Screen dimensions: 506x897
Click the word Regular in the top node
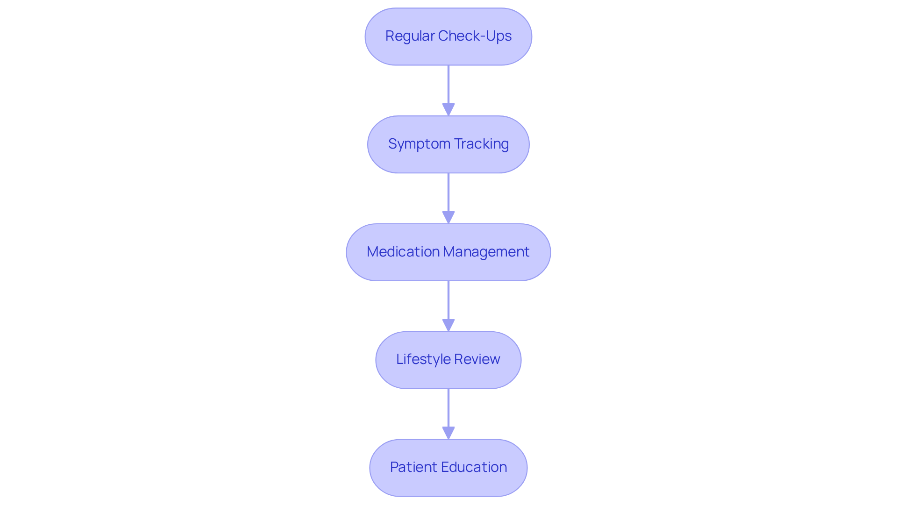coord(410,36)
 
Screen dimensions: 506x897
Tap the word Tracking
coord(481,144)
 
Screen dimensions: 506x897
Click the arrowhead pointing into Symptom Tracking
coord(448,109)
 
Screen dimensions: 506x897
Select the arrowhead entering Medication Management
coord(448,217)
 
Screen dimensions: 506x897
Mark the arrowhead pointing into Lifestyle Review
coord(448,325)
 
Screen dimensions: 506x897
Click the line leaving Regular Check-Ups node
coord(448,84)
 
